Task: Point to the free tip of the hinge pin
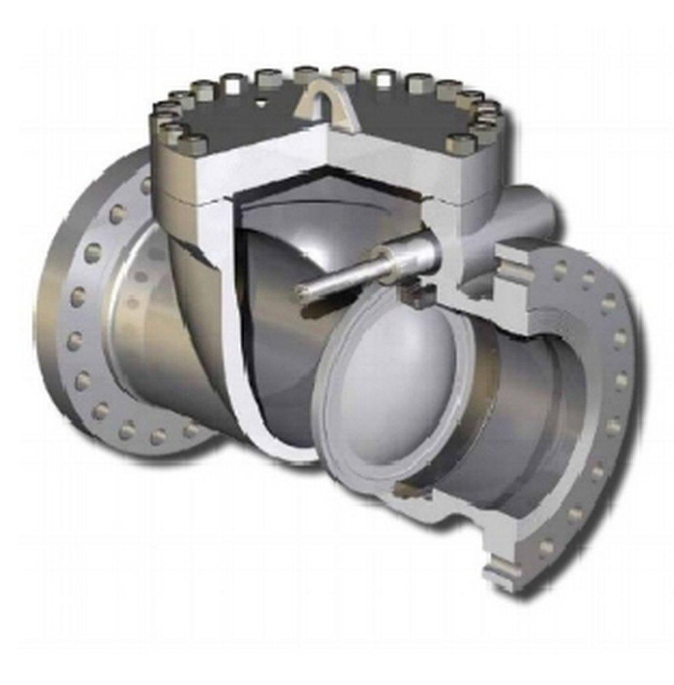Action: (301, 292)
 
